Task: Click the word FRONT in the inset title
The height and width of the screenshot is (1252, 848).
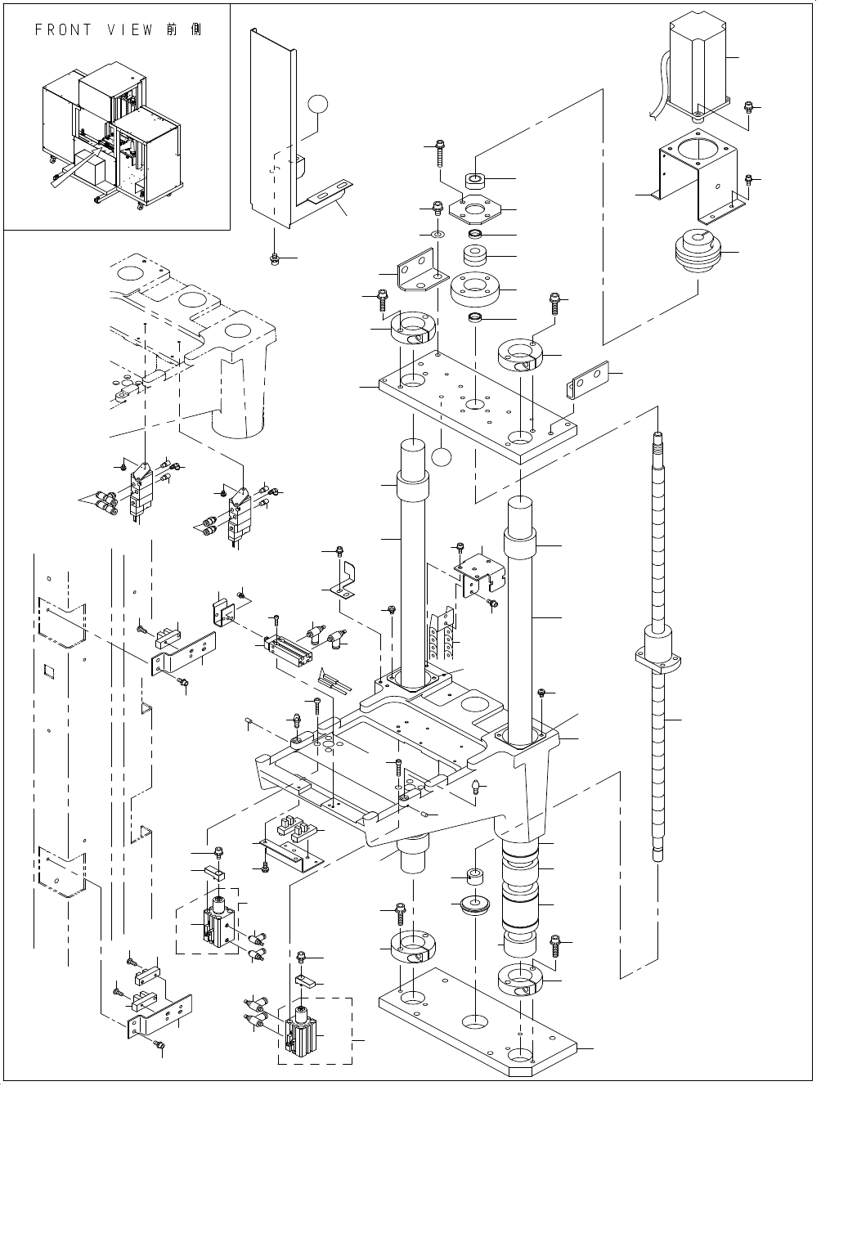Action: [65, 30]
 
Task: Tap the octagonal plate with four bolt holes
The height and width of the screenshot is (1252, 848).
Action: [473, 210]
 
